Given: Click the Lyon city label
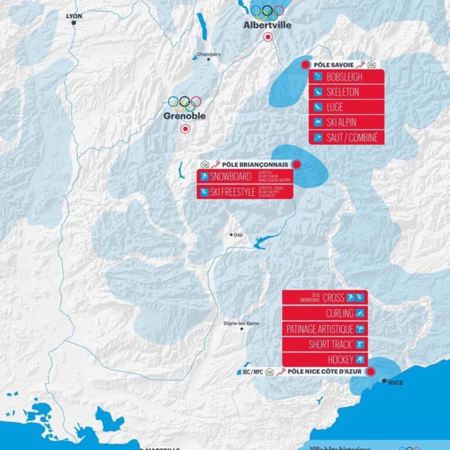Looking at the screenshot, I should tap(74, 16).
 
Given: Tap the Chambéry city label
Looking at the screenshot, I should tap(209, 54).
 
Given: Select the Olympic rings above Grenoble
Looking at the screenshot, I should tap(185, 103).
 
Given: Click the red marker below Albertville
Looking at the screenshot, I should tap(268, 37).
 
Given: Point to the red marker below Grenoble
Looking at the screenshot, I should tap(185, 128).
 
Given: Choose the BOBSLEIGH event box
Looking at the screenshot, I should tap(346, 77).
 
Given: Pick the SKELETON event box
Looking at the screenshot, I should tap(346, 92).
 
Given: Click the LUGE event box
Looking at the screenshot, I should tap(346, 107).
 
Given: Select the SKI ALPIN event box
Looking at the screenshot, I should tap(346, 122).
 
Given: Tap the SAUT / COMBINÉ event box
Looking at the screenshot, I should tap(346, 138).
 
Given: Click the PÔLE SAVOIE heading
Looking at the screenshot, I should tap(332, 64).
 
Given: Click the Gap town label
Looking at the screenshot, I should tap(238, 234).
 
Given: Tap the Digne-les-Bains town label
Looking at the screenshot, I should tap(241, 323).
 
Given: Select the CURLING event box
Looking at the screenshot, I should tap(325, 313).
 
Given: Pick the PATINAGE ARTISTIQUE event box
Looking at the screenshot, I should tap(325, 329).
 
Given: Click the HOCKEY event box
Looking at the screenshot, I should tap(325, 359).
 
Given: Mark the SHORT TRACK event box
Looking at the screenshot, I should tap(325, 344).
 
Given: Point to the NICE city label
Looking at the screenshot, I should tap(396, 383).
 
